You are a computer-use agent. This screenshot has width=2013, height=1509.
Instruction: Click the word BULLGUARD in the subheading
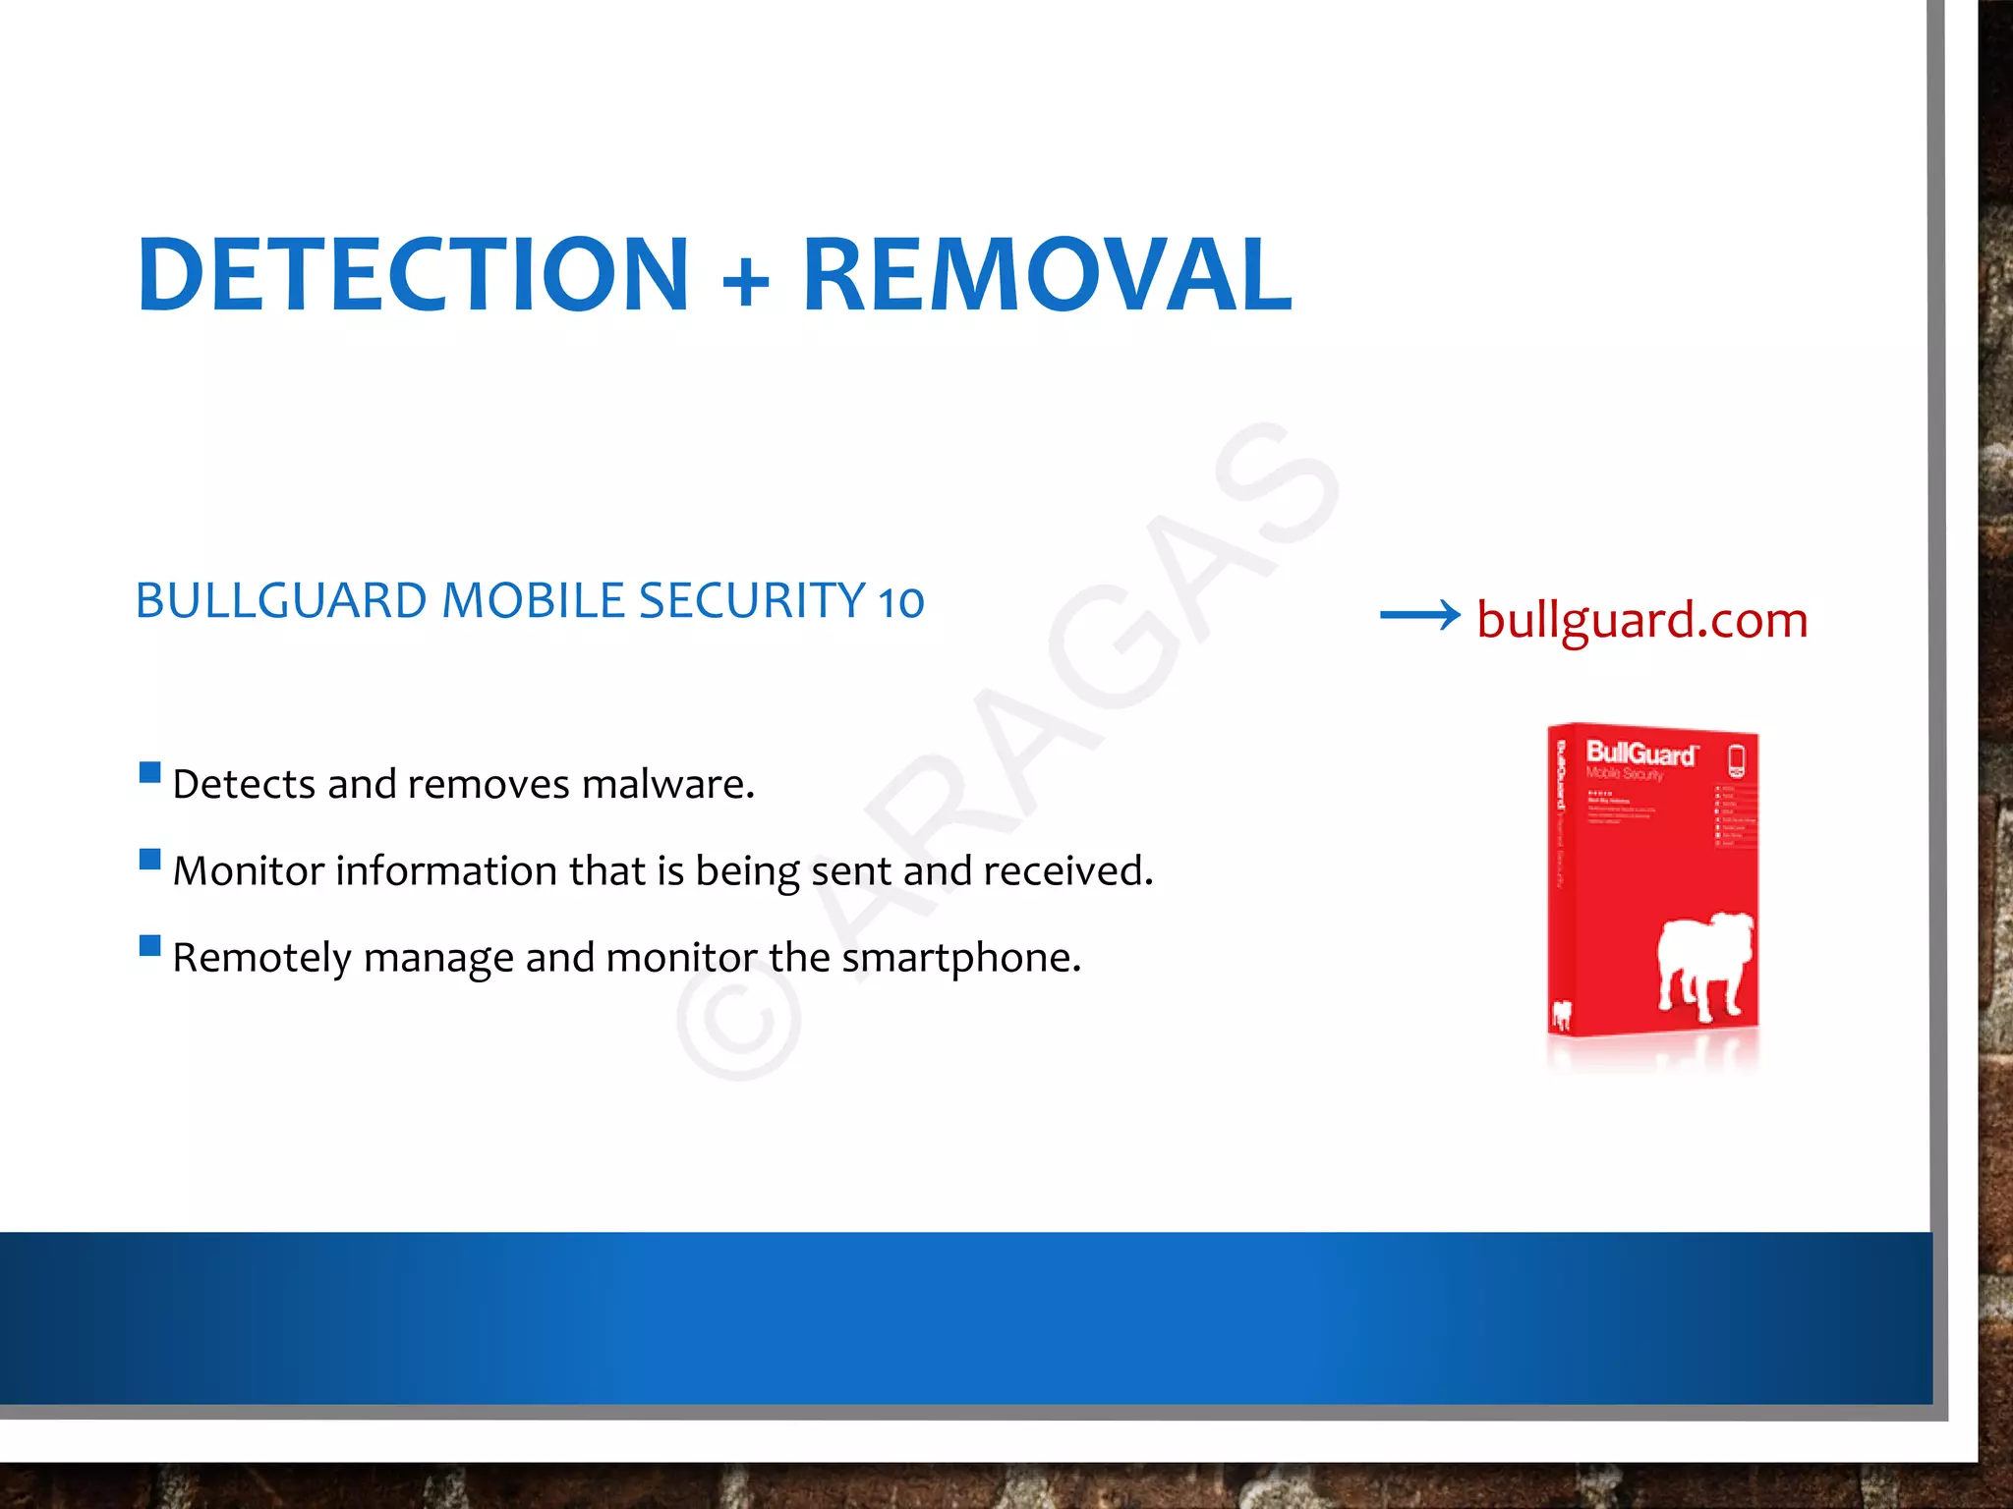(x=281, y=601)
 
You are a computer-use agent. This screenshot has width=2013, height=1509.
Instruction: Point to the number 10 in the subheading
(x=900, y=603)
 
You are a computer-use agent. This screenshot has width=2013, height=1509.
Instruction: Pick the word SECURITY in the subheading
(x=752, y=601)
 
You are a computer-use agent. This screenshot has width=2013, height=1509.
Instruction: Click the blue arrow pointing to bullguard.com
(x=1419, y=616)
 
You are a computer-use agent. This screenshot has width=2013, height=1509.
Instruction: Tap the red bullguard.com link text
(x=1641, y=621)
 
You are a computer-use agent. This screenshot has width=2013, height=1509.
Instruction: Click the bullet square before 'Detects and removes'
(x=150, y=772)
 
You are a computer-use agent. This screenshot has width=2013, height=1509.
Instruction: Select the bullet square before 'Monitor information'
(x=150, y=860)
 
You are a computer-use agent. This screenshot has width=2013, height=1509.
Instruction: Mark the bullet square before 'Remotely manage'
(x=150, y=946)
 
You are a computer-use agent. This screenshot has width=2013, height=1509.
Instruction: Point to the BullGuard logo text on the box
(x=1640, y=754)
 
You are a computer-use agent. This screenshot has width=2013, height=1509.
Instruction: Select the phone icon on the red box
(x=1736, y=760)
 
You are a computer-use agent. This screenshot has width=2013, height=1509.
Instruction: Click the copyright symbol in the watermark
(x=739, y=1022)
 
